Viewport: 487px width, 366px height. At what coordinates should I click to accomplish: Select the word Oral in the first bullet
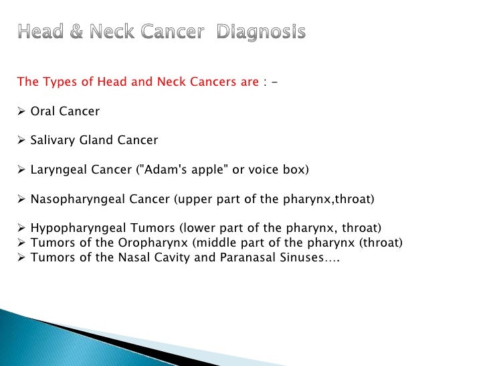pos(43,111)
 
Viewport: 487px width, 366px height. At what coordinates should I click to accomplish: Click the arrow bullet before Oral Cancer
pos(21,111)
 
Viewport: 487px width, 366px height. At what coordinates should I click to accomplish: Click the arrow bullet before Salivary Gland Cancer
pos(21,140)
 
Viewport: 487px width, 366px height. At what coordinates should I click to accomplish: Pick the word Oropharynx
pos(142,243)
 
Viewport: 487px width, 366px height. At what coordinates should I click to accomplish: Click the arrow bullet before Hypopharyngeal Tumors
pos(21,229)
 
